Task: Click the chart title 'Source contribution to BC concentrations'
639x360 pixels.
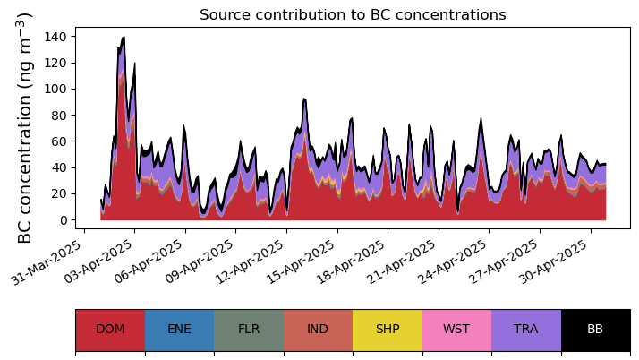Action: coord(353,15)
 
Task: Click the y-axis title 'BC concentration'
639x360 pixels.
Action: coord(25,127)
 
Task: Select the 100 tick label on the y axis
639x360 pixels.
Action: coord(60,89)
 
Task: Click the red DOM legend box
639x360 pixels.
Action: coord(110,330)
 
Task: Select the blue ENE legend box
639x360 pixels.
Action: coord(179,330)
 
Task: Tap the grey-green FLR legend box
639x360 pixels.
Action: coord(249,330)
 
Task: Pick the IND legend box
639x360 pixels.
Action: coord(318,330)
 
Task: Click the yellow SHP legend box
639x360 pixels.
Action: coord(388,330)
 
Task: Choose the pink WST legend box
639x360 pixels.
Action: coord(456,330)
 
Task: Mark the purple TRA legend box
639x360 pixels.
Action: coord(526,330)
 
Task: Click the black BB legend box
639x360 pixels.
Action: coord(595,330)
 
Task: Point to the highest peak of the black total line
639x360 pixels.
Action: coord(124,38)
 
